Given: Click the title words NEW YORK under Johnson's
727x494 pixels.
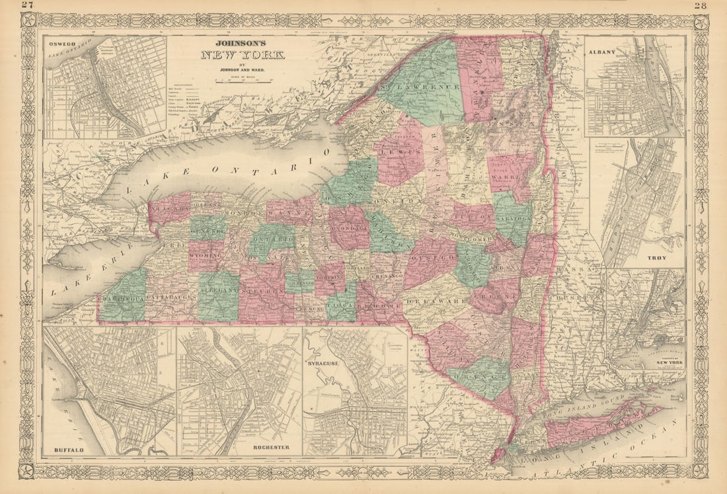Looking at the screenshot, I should point(243,55).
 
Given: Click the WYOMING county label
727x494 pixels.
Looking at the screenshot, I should point(205,254).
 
